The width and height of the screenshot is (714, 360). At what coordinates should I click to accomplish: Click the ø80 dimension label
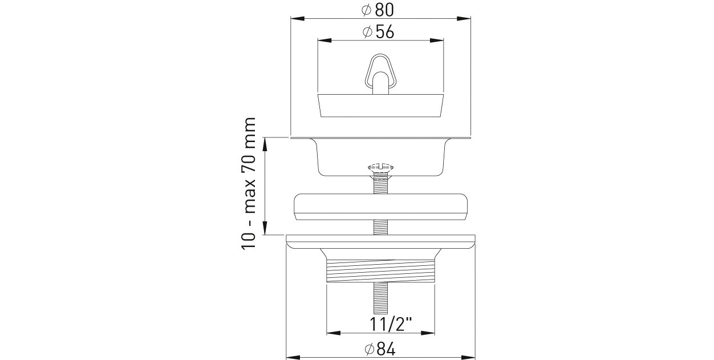tap(378, 10)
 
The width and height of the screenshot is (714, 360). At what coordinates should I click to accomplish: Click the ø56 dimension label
tap(378, 32)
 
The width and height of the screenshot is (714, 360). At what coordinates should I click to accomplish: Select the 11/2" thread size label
tap(391, 325)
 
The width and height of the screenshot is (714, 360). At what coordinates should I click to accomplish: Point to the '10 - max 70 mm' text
tap(249, 184)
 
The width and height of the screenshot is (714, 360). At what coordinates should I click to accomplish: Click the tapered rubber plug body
tap(381, 106)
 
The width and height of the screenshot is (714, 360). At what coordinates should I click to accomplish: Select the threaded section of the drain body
tap(380, 271)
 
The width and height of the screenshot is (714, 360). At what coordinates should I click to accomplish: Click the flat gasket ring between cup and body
tap(380, 207)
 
